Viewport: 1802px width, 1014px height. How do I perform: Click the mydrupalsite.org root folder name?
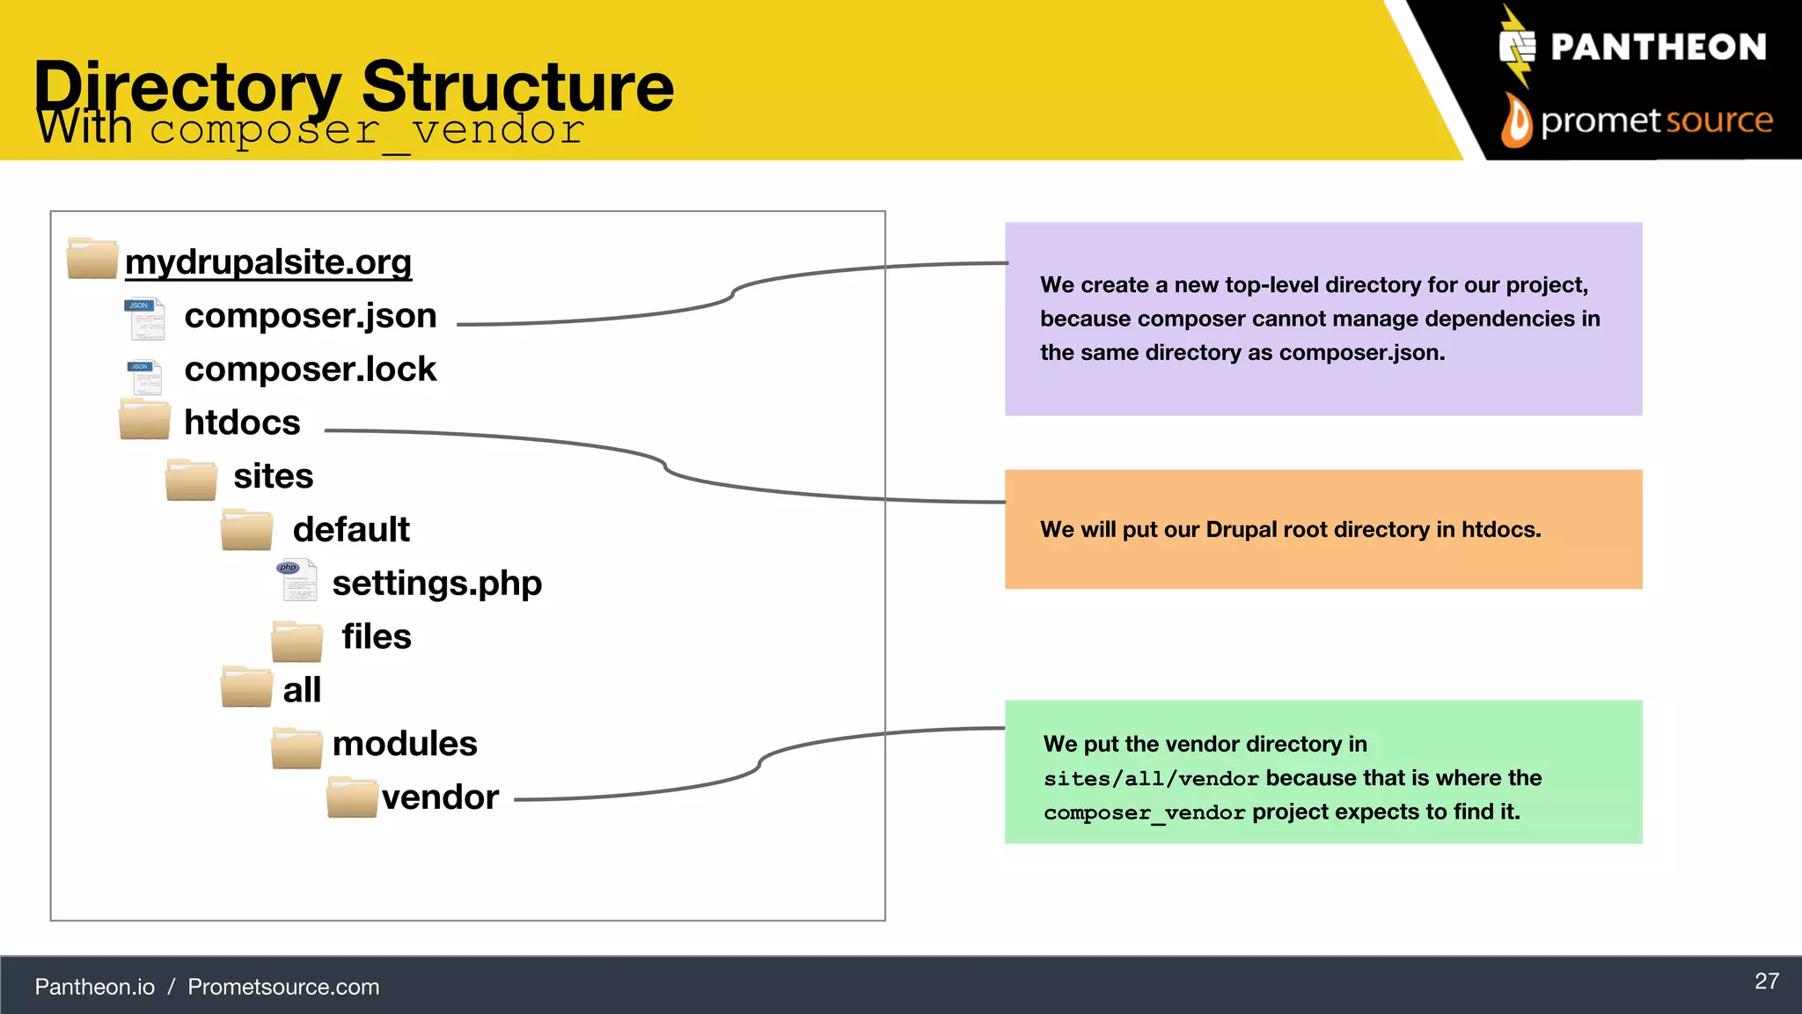[268, 262]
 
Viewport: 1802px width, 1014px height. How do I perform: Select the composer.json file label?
[310, 316]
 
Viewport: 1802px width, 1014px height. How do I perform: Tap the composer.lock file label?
[310, 370]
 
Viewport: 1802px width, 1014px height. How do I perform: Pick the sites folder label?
[273, 476]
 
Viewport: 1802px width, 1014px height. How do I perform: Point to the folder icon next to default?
[246, 530]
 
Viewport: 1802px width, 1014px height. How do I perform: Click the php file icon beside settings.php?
[297, 580]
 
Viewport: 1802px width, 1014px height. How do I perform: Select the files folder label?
[376, 636]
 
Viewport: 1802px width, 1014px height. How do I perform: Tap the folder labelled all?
[302, 690]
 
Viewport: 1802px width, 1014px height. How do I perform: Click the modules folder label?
[405, 744]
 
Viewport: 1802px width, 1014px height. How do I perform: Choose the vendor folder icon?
[352, 797]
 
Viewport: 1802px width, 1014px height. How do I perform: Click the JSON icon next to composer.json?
[145, 319]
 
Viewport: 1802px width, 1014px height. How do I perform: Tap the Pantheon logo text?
[1658, 47]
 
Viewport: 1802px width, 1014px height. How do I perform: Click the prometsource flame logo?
[1516, 121]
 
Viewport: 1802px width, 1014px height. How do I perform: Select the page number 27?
[1766, 981]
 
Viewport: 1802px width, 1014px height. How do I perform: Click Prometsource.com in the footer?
[283, 987]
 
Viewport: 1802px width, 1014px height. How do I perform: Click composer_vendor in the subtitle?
[367, 130]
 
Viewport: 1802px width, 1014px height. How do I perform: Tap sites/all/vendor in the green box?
[1151, 779]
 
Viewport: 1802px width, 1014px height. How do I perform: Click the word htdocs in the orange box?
[1498, 530]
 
